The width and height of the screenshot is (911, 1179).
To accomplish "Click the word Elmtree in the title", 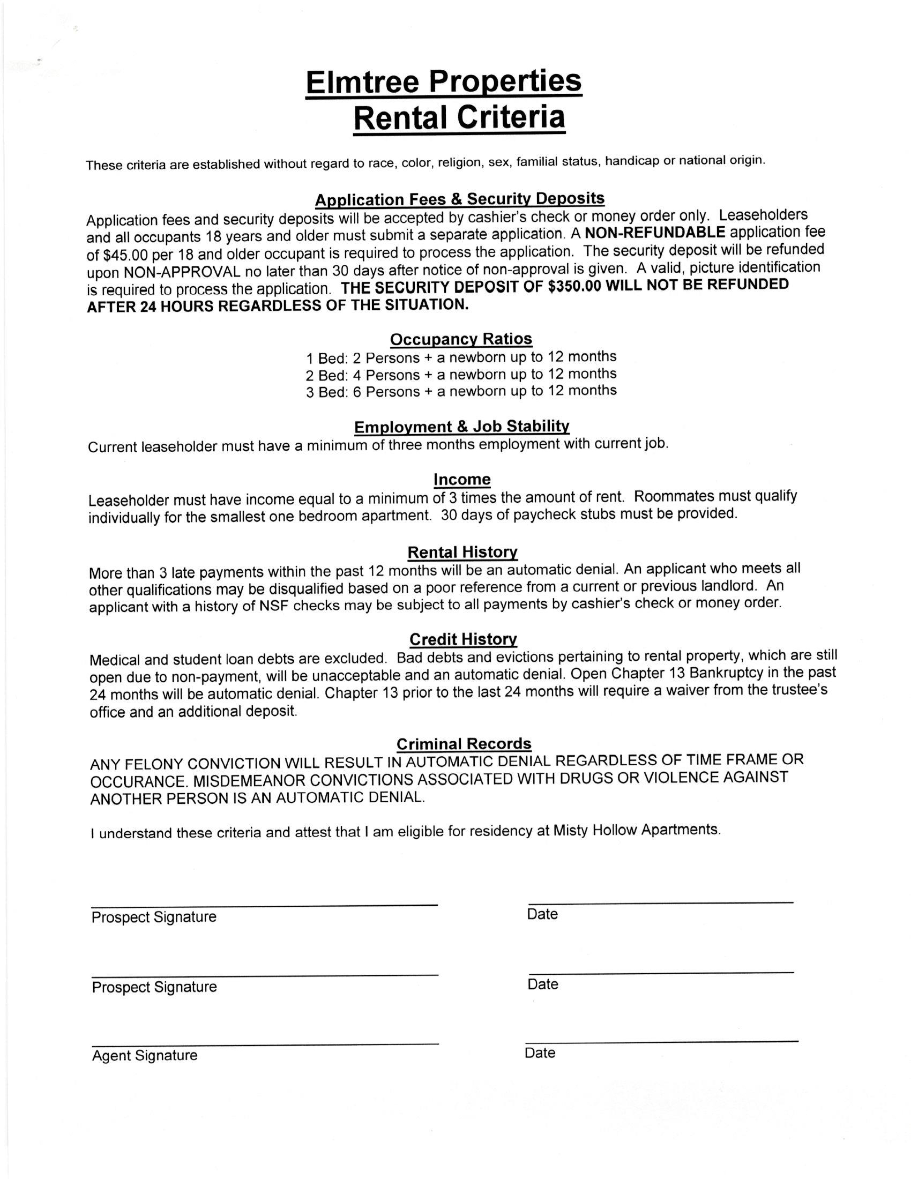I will pyautogui.click(x=363, y=82).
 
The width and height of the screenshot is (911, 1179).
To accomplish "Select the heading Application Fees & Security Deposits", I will pyautogui.click(x=459, y=199).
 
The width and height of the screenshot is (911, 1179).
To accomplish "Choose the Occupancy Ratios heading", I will pyautogui.click(x=461, y=339).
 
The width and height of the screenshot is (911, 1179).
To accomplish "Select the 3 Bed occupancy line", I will pyautogui.click(x=461, y=391).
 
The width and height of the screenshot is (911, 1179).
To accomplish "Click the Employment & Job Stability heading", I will pyautogui.click(x=462, y=427).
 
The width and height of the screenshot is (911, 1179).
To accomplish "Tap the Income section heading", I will pyautogui.click(x=462, y=479).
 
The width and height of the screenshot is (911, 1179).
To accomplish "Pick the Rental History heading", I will pyautogui.click(x=463, y=552).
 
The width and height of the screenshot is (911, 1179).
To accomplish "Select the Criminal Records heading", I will pyautogui.click(x=464, y=744).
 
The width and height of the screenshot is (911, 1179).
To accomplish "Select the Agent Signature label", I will pyautogui.click(x=145, y=1055).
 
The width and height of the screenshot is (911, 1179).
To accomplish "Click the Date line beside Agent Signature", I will pyautogui.click(x=661, y=1040).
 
